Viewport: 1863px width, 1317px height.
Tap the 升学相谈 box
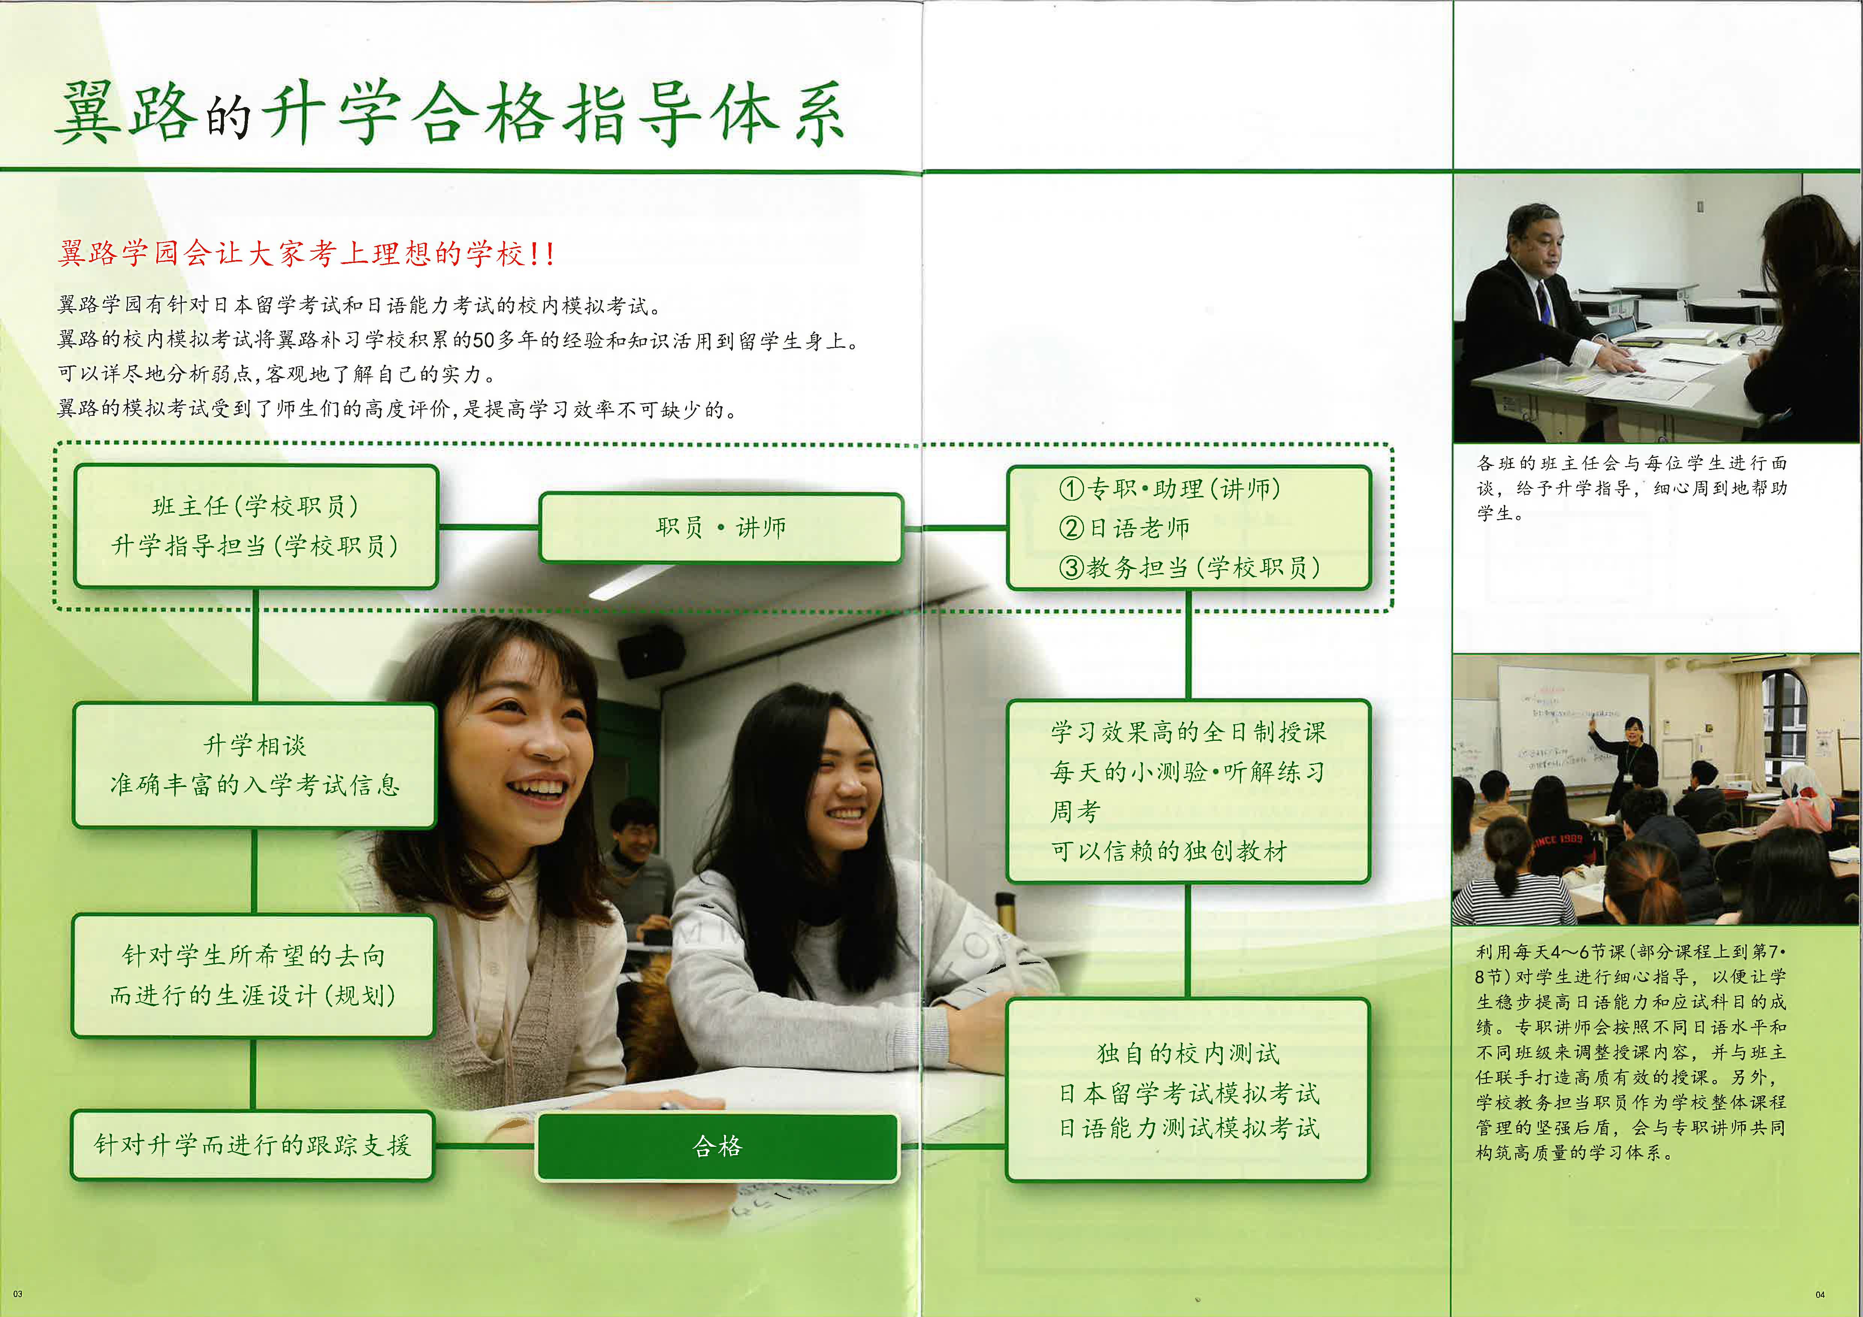pyautogui.click(x=255, y=765)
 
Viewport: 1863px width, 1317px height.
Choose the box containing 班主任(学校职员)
pyautogui.click(x=255, y=526)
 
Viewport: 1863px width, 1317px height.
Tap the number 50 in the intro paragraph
pyautogui.click(x=484, y=340)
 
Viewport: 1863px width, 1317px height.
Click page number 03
pyautogui.click(x=18, y=1293)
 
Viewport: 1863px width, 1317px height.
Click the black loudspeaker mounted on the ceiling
pyautogui.click(x=650, y=652)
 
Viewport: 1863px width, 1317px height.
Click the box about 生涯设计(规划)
pyautogui.click(x=253, y=976)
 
